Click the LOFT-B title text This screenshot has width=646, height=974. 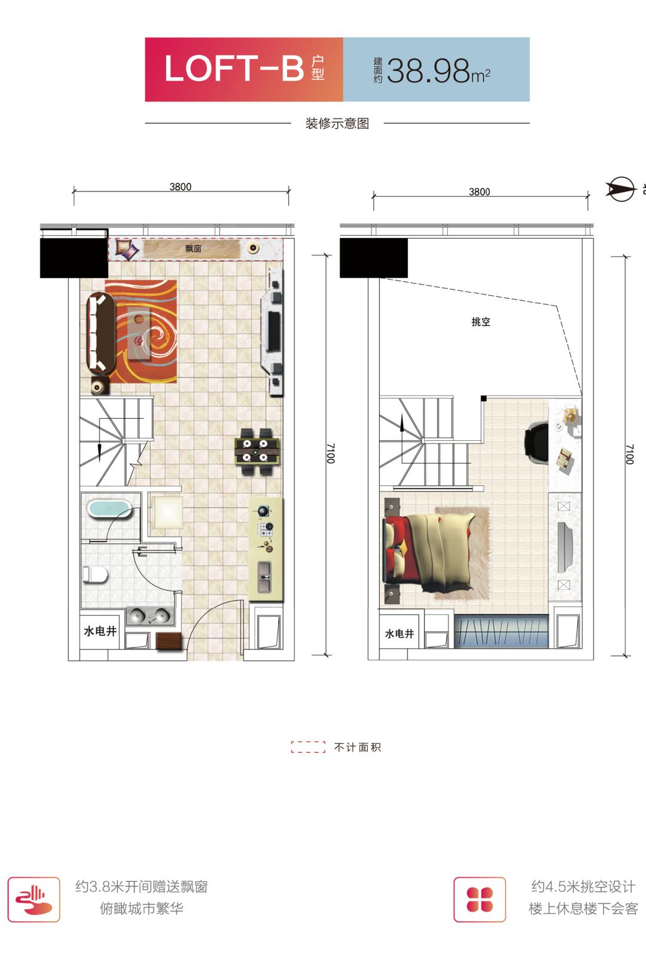(234, 69)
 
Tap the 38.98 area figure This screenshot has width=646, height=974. (428, 71)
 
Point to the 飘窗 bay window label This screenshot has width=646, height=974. (193, 249)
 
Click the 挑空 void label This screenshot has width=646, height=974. (481, 322)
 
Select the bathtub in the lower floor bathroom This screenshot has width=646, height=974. (109, 508)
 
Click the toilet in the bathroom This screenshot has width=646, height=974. (95, 574)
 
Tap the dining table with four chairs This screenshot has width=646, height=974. (257, 451)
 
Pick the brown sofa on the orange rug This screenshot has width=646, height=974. (101, 333)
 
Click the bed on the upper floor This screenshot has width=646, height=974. (429, 550)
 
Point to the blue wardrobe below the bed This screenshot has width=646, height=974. (501, 631)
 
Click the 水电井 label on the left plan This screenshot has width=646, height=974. (100, 631)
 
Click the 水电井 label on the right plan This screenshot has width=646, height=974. (399, 634)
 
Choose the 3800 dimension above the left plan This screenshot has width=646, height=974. (181, 187)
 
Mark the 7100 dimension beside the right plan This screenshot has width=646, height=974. (630, 454)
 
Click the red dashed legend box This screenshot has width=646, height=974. (308, 747)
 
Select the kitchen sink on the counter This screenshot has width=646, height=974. (264, 577)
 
